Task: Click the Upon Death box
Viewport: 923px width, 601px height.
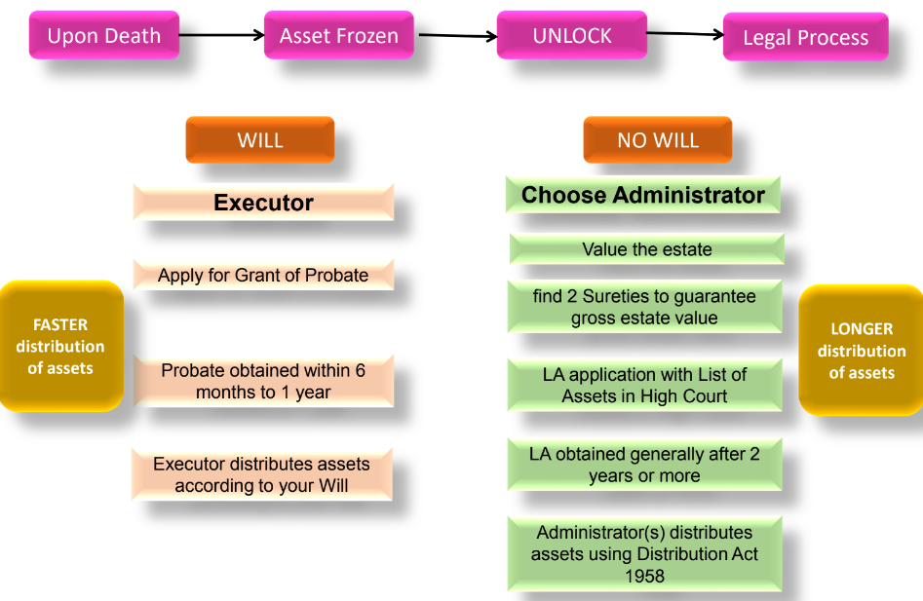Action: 104,36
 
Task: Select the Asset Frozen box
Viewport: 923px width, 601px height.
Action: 338,36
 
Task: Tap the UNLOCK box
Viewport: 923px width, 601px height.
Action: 572,36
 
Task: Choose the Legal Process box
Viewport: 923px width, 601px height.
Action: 805,38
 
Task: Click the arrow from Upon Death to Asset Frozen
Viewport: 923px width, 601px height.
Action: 221,36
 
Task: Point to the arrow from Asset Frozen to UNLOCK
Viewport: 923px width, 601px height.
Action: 455,36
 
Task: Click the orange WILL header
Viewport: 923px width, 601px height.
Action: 260,139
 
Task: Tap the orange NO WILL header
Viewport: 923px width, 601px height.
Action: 658,139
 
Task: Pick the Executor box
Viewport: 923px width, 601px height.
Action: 263,203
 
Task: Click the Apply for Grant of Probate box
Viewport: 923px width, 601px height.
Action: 263,275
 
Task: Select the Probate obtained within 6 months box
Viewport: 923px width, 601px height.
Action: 263,381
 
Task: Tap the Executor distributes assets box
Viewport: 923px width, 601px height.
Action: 262,474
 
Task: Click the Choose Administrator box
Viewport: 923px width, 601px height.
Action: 643,195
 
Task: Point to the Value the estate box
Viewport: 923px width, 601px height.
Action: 646,249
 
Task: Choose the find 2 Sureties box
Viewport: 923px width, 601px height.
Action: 644,307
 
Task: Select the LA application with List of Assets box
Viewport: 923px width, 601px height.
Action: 644,385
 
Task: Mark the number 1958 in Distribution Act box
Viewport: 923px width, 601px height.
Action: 644,576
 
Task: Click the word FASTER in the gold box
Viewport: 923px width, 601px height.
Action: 60,324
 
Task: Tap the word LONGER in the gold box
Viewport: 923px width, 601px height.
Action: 862,329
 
